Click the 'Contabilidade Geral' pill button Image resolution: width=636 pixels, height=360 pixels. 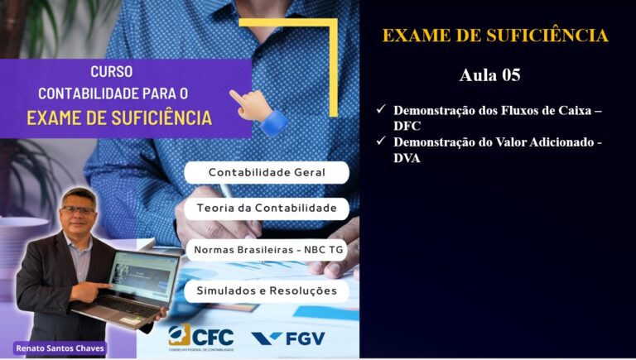pos(267,172)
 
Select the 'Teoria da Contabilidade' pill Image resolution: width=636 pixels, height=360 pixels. pos(267,209)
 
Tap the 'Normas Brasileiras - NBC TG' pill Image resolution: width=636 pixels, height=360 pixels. pos(267,250)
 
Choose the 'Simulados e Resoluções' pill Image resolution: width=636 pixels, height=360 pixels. pos(267,291)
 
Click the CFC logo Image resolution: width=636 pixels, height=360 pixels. pos(200,338)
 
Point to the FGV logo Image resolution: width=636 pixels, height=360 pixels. pos(288,338)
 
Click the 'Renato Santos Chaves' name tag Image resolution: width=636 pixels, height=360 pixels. pos(60,348)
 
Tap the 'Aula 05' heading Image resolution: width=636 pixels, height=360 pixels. pos(489,75)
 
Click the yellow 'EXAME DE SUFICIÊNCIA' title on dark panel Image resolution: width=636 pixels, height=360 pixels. pos(495,36)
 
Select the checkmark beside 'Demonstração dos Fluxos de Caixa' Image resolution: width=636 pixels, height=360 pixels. pos(381,109)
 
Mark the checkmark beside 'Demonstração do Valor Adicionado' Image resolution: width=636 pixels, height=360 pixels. pos(381,141)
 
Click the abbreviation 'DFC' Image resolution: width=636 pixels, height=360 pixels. pos(407,126)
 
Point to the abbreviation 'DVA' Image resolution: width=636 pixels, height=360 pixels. pos(407,158)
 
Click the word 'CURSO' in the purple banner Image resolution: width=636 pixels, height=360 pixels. pos(112,72)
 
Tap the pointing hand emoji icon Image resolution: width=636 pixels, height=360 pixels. pos(258,113)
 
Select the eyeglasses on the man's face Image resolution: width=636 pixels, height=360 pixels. pos(78,210)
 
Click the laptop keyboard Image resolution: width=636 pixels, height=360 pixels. pos(126,306)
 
